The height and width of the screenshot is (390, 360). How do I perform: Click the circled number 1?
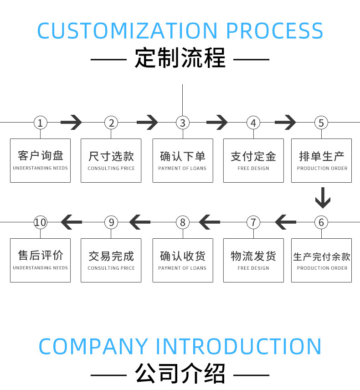tap(40, 123)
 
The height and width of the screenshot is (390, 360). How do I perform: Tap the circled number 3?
tap(183, 123)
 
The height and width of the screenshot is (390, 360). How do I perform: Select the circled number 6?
tap(321, 222)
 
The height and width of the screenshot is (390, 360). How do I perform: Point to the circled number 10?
tap(40, 222)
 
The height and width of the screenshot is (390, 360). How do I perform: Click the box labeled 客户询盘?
tap(40, 160)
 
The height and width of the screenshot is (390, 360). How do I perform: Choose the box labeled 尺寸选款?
tap(111, 160)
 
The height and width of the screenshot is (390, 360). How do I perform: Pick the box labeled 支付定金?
tap(253, 160)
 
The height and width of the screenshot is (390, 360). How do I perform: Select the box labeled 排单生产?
tap(322, 160)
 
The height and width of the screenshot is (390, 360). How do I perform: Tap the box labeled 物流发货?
tap(253, 260)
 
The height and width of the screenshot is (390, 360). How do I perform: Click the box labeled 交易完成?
tap(111, 260)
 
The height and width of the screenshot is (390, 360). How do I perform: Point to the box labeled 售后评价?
tap(40, 260)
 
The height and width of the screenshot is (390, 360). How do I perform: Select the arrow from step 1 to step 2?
tap(71, 122)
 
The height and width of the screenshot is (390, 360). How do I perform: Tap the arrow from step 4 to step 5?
tap(285, 122)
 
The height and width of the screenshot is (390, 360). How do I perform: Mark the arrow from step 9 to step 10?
tap(72, 222)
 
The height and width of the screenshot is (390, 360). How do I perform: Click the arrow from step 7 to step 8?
tap(210, 222)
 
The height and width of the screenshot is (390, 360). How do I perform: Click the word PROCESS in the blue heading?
tap(274, 30)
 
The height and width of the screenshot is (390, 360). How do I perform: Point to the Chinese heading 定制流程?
tap(180, 59)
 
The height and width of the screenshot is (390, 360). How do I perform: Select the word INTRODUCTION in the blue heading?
tap(239, 346)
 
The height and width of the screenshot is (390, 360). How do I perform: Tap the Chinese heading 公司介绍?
tap(180, 374)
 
